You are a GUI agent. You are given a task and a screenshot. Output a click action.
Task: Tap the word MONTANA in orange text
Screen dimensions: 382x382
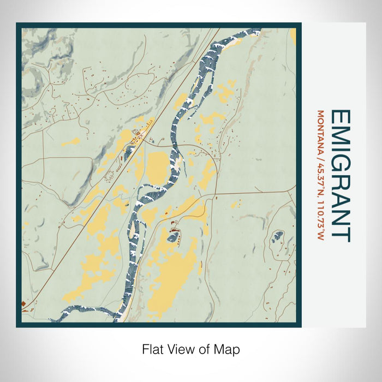tap(320, 131)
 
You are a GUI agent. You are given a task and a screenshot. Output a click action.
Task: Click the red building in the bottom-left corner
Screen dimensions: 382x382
tap(24, 303)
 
